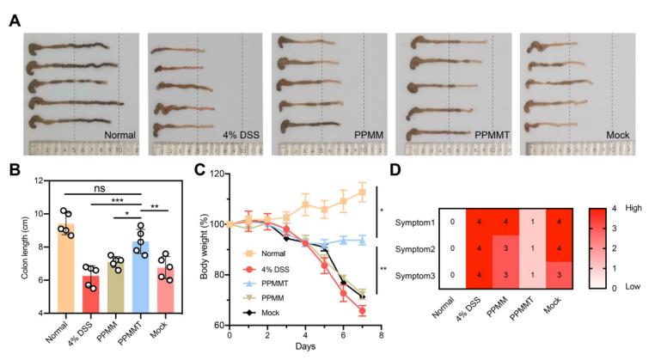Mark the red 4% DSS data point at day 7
click(x=363, y=310)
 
